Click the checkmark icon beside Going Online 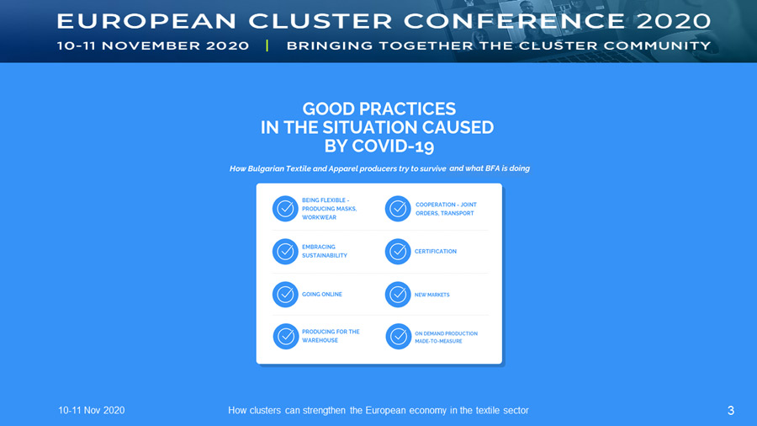point(285,294)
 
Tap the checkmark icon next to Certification point(398,251)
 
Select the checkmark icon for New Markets point(398,294)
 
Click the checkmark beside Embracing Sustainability point(285,251)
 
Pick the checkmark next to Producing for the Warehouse point(286,336)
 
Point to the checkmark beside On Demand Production point(399,336)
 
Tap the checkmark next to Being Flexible point(285,209)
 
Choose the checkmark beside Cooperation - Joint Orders point(398,209)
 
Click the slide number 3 point(730,411)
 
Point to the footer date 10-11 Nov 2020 point(91,411)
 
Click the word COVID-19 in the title point(393,146)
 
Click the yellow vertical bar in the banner point(267,45)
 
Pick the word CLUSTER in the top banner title point(320,21)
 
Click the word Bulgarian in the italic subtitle point(266,168)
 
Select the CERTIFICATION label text point(436,251)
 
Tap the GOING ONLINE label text point(322,294)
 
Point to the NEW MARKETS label point(432,295)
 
